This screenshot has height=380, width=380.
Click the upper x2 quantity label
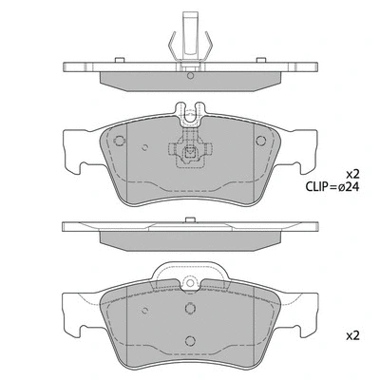click(352, 174)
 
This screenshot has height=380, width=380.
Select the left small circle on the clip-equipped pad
click(120, 142)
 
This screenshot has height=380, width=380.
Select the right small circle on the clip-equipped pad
click(260, 142)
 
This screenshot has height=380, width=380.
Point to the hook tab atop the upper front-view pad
click(190, 114)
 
